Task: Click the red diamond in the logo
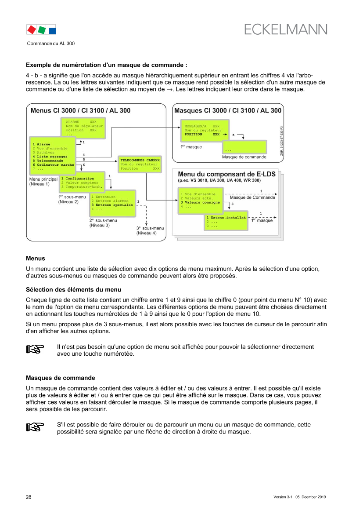click(32, 30)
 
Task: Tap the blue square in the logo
click(52, 31)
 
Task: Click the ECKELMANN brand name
click(285, 29)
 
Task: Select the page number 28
click(29, 497)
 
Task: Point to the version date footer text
click(299, 497)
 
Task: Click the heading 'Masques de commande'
click(61, 378)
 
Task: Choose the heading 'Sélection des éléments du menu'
click(74, 289)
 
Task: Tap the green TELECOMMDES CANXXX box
click(140, 164)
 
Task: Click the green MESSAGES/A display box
click(205, 130)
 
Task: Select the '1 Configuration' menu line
click(78, 179)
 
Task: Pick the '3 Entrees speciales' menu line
click(112, 205)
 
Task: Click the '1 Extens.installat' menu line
click(226, 217)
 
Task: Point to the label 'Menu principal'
click(43, 179)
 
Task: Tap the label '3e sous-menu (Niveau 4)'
click(150, 230)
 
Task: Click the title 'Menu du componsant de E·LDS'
click(226, 174)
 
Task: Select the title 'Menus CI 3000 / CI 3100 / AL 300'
click(80, 110)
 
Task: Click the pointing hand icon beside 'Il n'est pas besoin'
click(35, 349)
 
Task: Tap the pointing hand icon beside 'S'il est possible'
click(35, 427)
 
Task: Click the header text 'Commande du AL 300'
click(51, 43)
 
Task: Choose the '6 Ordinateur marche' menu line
click(53, 165)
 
